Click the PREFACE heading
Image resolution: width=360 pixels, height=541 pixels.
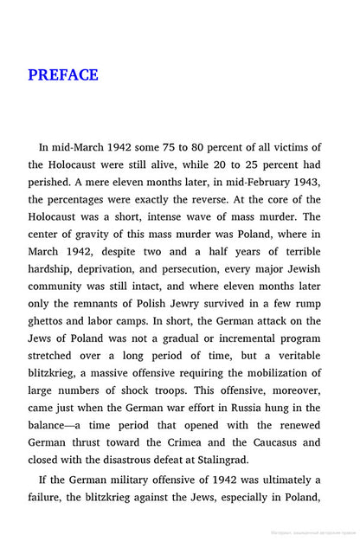(63, 74)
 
